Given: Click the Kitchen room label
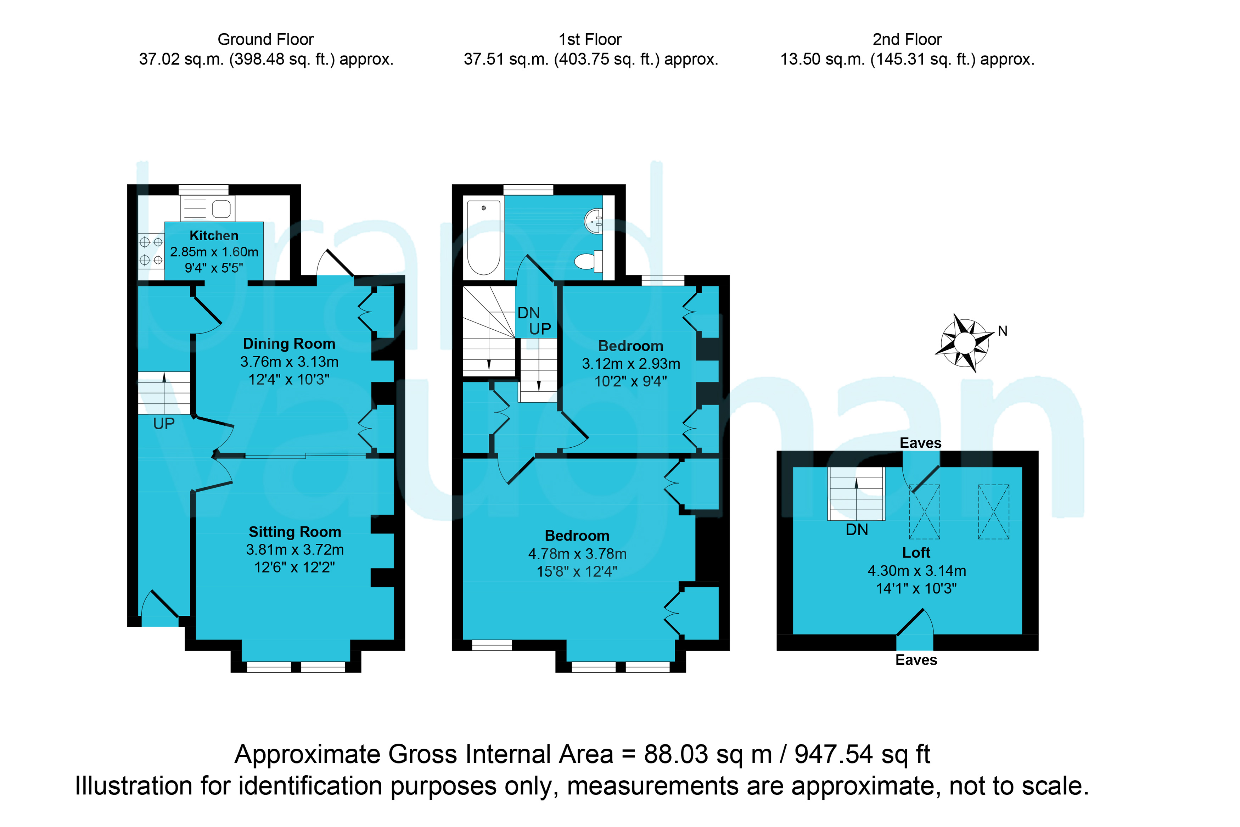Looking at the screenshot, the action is (214, 235).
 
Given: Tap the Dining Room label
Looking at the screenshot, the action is (289, 344).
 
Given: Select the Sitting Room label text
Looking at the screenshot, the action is (295, 532).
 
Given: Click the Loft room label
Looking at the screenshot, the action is (916, 553).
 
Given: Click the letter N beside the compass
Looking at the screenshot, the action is (1003, 331).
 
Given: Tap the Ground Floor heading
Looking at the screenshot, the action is (266, 40).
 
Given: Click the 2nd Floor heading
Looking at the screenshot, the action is (907, 40).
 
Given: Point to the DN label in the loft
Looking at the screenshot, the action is (857, 530).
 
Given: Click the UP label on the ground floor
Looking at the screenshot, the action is (164, 424).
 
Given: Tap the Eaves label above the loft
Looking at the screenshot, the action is (920, 443).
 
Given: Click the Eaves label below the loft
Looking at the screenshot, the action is (916, 660).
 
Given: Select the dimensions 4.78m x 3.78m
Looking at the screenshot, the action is (577, 554).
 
